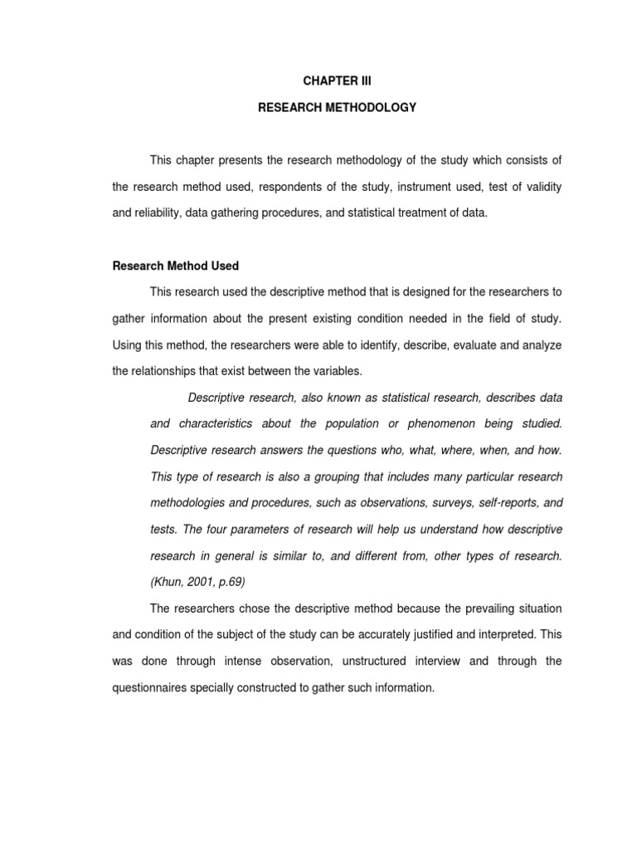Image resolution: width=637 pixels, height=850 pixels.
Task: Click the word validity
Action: coord(542,187)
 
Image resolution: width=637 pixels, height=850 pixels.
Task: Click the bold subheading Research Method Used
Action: coord(175,266)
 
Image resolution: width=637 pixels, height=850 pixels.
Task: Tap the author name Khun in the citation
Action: coord(168,582)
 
